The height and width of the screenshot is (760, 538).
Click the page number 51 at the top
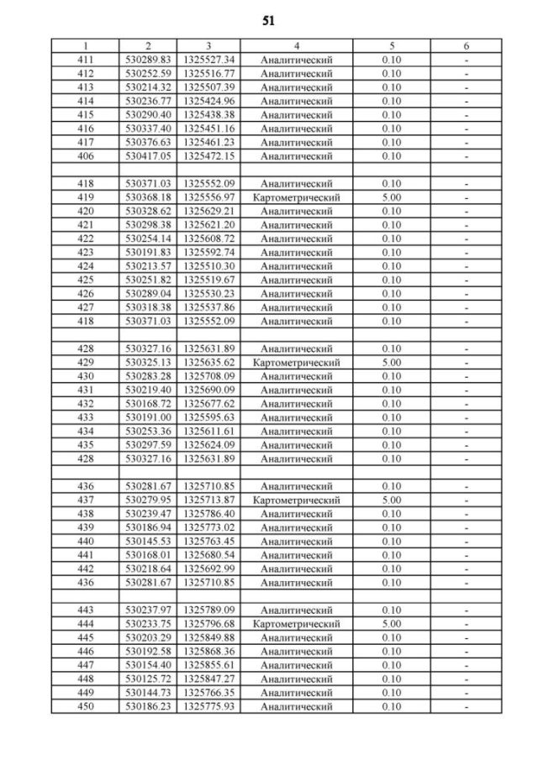coord(268,20)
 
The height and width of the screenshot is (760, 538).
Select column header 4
coord(297,46)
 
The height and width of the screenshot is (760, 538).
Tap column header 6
coord(465,46)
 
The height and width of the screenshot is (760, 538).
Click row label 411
coord(85,60)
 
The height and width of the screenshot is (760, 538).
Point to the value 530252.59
coord(148,74)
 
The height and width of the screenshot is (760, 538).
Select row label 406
coord(85,156)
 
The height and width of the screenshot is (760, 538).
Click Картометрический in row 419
coord(297,197)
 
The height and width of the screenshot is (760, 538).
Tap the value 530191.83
coord(148,253)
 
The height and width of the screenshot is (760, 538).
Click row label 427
coord(85,307)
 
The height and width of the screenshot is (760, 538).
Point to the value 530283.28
coord(148,376)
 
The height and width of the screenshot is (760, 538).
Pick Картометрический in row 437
coord(297,501)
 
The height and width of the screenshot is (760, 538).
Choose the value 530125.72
coord(148,679)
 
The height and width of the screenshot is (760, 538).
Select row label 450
coord(85,707)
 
